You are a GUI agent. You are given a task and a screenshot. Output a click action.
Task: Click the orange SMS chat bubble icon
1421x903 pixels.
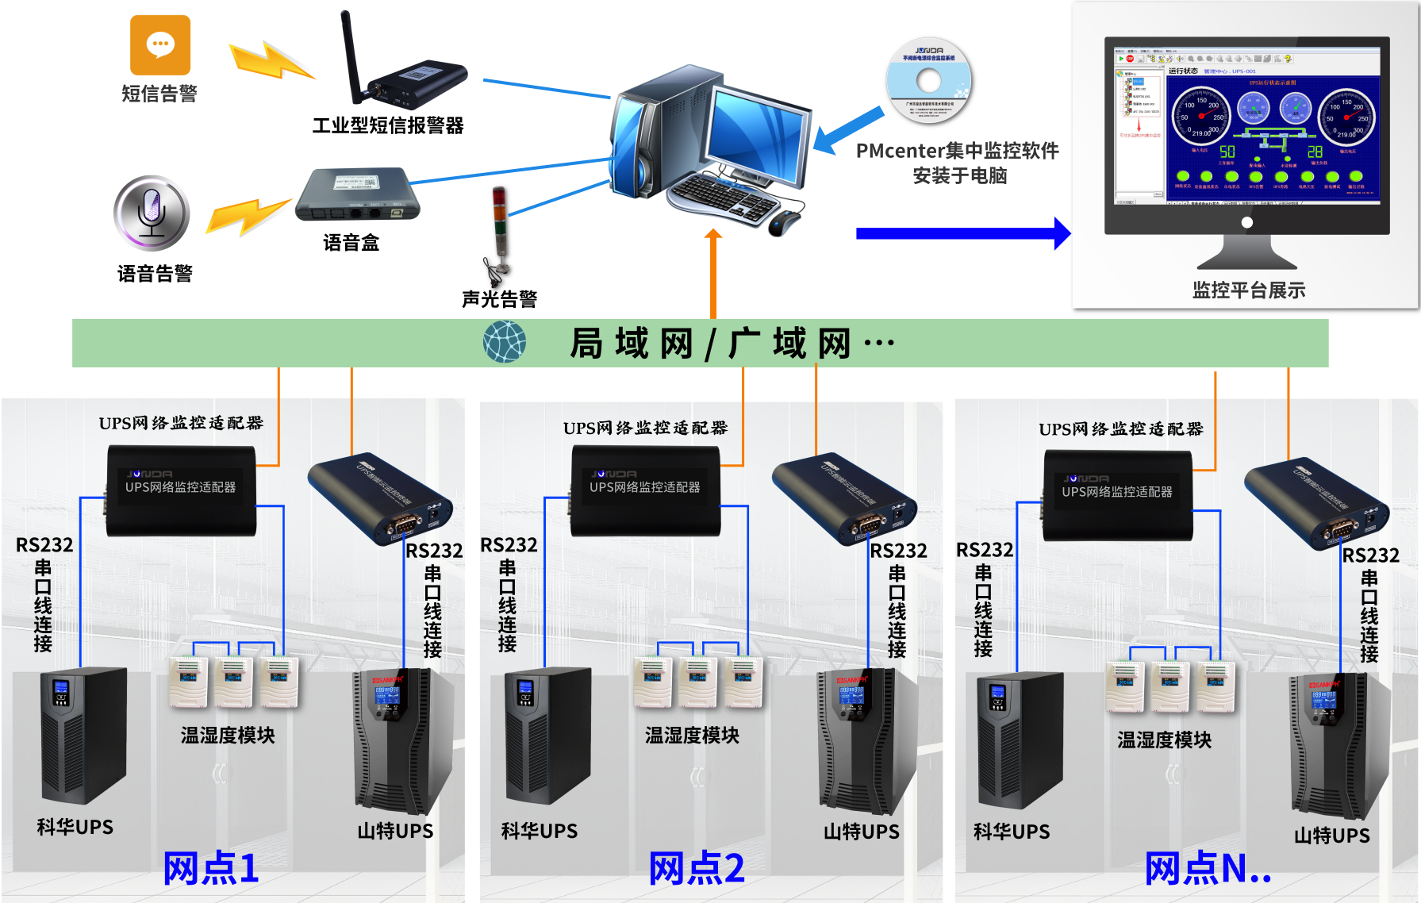[x=160, y=45]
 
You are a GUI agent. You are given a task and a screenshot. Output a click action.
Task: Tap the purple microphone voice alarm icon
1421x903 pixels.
[x=152, y=213]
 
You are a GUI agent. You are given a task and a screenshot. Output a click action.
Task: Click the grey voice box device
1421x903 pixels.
[x=357, y=196]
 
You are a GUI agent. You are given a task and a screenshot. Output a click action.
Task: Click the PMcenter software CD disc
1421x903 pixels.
[x=928, y=80]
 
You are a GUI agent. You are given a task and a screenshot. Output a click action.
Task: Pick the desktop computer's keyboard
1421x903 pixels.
[x=722, y=195]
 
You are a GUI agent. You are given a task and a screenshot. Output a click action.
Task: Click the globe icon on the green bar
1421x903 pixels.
[x=505, y=342]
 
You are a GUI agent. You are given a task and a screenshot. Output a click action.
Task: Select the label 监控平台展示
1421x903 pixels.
[x=1248, y=290]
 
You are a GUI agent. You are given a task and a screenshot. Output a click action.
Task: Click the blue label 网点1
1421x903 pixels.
[x=211, y=868]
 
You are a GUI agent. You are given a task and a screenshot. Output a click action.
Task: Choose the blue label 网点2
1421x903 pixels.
[x=697, y=868]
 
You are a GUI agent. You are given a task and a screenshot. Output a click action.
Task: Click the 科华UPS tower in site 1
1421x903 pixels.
[x=83, y=734]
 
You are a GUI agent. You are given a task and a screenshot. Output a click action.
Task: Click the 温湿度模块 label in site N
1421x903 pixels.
[x=1164, y=740]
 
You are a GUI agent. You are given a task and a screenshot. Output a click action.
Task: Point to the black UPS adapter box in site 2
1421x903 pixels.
[x=646, y=490]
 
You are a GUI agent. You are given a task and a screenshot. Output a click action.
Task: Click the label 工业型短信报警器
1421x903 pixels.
[x=388, y=125]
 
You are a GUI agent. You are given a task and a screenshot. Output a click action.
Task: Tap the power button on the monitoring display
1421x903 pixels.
[x=1247, y=223]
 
